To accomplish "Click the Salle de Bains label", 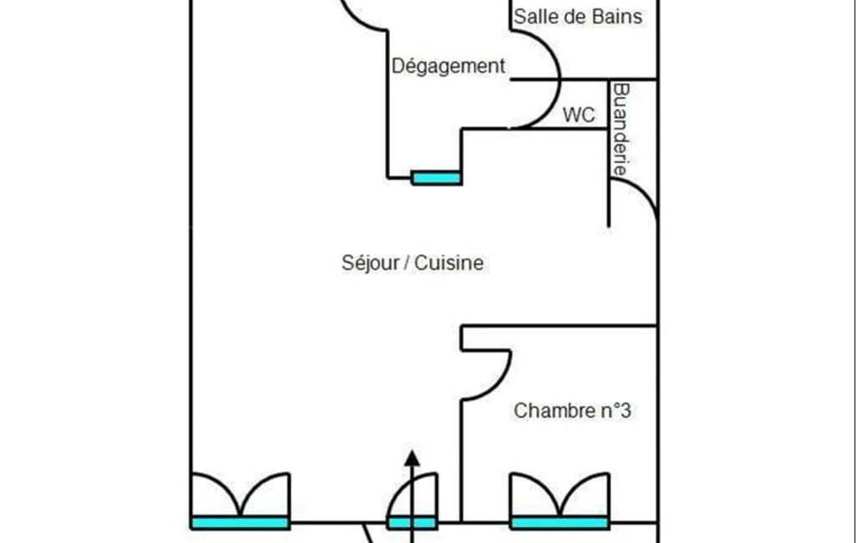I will point(578,16).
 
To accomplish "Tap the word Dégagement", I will point(448,66).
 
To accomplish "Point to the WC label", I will point(579,115).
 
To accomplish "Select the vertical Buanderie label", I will point(620,129).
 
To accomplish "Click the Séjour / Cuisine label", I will point(413,263).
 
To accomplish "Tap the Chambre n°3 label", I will point(571,411).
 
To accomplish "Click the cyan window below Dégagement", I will point(436,177).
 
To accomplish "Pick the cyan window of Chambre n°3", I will point(559,523).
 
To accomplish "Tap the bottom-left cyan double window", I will point(240,523).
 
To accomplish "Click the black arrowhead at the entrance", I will point(412,457).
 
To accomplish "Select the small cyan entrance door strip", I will point(412,523).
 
